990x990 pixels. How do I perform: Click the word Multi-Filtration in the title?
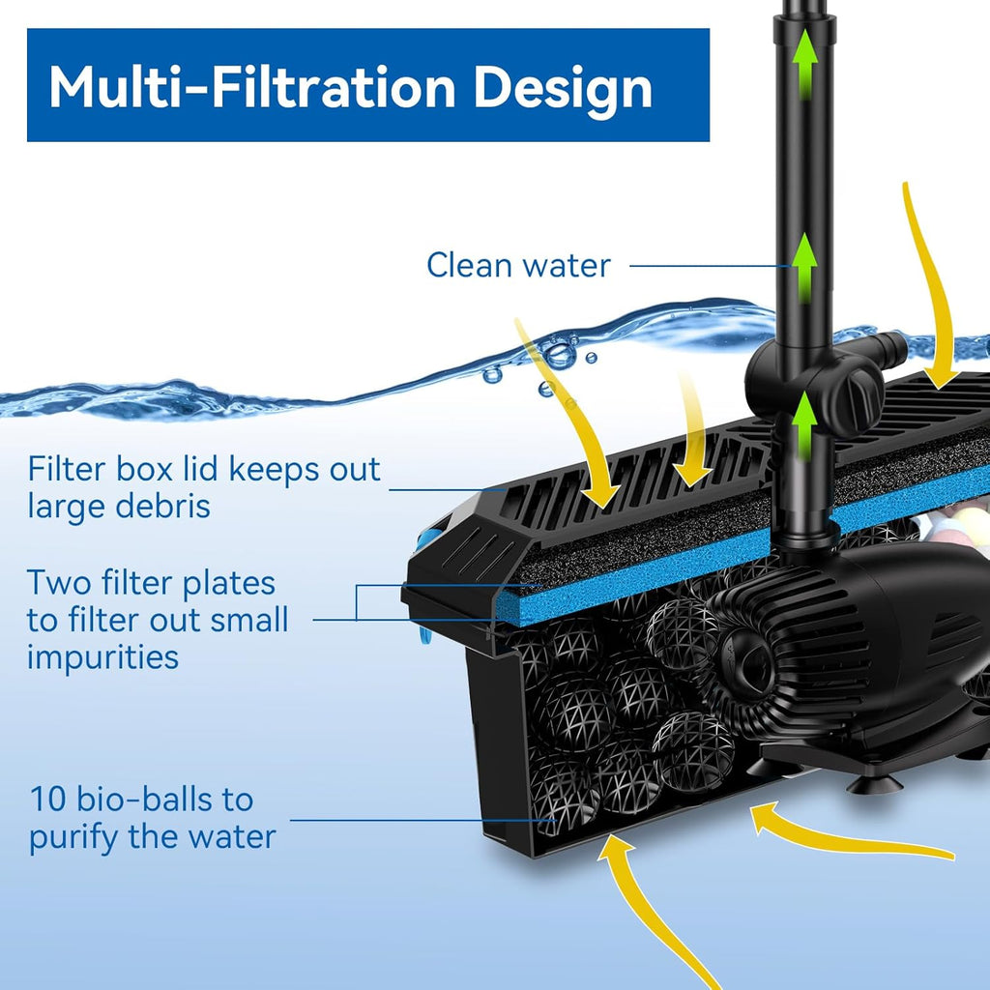pos(251,87)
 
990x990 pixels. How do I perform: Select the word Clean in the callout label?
pos(470,265)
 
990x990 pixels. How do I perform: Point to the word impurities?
pos(102,657)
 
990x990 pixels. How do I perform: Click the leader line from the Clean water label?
pos(706,266)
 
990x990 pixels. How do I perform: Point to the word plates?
pos(227,583)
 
